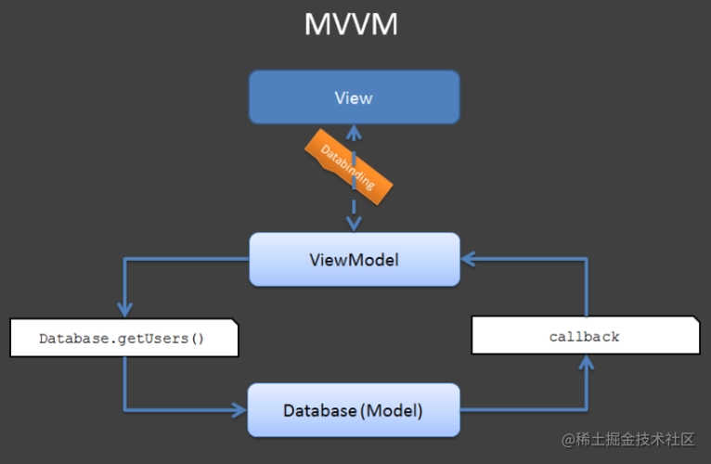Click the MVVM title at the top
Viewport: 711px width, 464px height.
(x=351, y=24)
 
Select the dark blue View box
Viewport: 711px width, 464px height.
(x=354, y=97)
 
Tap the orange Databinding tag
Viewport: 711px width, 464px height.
(x=347, y=166)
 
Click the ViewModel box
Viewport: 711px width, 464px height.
(x=354, y=259)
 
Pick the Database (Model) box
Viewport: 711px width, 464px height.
(x=354, y=409)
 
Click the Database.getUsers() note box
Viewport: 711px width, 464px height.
(x=123, y=339)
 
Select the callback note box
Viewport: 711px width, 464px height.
(x=585, y=336)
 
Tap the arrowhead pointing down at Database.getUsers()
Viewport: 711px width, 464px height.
(x=124, y=310)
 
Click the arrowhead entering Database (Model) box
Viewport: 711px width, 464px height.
(x=239, y=409)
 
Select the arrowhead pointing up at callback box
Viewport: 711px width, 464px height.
(x=586, y=363)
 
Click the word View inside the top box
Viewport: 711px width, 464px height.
(x=354, y=97)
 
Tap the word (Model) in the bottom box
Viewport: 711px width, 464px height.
(x=393, y=409)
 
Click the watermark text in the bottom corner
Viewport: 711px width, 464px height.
(x=627, y=439)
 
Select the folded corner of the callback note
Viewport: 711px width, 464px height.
(x=694, y=320)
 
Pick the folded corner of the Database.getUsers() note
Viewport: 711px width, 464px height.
(x=234, y=325)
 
